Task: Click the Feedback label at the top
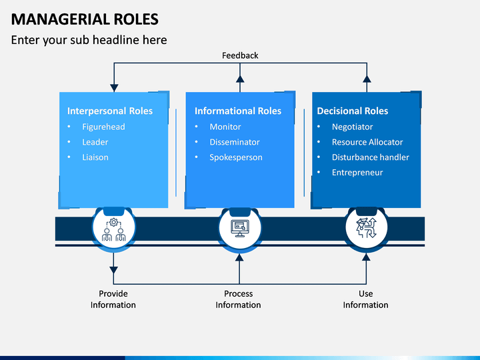(240, 55)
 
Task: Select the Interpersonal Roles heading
(110, 111)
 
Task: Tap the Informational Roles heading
(238, 111)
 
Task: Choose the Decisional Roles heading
(353, 111)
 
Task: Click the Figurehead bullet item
(103, 127)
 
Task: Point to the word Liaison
(95, 157)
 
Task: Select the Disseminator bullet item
(235, 142)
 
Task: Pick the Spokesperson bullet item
(236, 157)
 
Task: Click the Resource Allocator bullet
(367, 142)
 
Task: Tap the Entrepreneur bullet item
(357, 173)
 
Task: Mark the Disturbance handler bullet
(371, 157)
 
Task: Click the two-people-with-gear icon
(113, 229)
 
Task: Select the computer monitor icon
(240, 229)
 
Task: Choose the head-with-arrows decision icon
(367, 228)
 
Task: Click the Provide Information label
(113, 299)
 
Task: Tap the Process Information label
(238, 299)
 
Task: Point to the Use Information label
(365, 299)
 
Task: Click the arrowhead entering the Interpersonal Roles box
(114, 88)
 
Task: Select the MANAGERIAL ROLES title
(85, 19)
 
